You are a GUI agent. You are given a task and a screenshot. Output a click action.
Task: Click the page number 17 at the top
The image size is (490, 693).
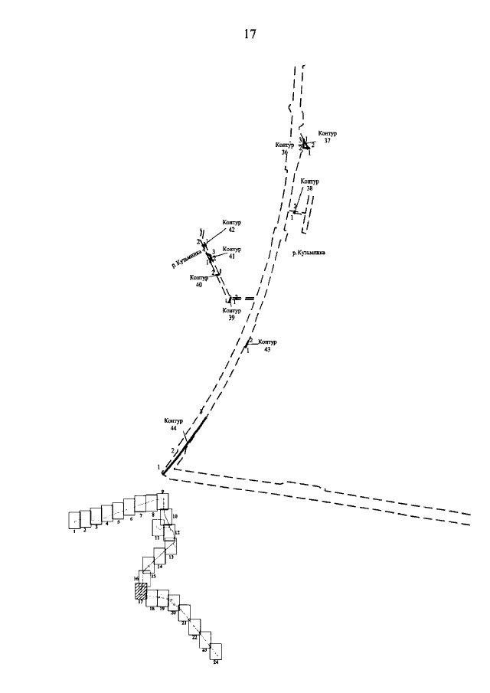250,34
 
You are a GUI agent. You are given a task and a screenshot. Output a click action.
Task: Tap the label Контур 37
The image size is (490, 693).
328,136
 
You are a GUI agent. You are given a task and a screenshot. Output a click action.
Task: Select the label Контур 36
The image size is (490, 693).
283,148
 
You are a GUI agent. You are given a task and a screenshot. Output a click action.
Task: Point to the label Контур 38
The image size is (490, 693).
309,185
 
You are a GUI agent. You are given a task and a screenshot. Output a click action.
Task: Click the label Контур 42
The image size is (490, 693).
230,225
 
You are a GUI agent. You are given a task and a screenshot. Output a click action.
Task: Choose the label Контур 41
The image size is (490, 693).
231,253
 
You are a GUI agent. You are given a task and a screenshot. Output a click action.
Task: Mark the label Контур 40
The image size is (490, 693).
198,280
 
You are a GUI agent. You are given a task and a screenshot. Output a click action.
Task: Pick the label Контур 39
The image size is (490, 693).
231,313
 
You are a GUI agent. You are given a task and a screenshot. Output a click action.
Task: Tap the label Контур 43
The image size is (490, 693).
267,345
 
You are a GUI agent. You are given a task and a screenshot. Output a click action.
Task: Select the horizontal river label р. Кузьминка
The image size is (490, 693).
309,250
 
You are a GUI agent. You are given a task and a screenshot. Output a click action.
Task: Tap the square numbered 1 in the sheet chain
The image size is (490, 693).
74,520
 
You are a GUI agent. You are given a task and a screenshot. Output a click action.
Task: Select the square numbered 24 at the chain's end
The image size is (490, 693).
216,651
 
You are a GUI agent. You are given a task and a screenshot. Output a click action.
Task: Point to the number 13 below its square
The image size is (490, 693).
171,557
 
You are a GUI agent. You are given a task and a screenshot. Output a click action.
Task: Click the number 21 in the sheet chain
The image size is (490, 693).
184,623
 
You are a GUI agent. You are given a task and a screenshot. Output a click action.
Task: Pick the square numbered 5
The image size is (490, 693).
118,510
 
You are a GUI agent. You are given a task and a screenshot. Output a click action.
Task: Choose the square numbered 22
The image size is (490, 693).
194,628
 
